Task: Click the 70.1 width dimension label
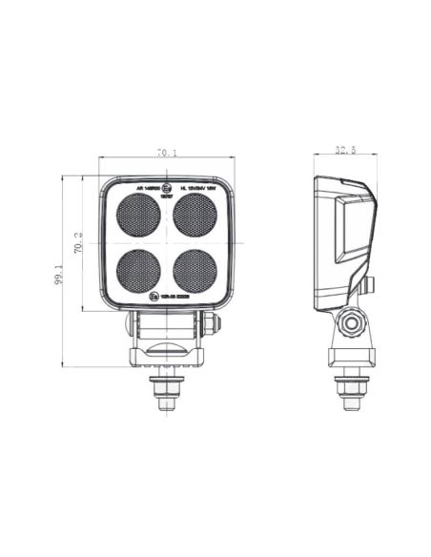[x=167, y=152]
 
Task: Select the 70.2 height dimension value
[x=77, y=244]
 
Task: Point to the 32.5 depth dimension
[x=345, y=150]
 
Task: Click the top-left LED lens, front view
[x=138, y=217]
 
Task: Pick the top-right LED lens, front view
[x=195, y=217]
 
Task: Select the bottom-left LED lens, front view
[x=138, y=271]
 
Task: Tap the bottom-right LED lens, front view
[x=195, y=271]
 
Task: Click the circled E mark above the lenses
[x=167, y=189]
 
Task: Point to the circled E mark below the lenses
[x=154, y=298]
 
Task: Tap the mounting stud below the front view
[x=167, y=391]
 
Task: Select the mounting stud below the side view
[x=352, y=391]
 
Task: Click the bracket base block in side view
[x=352, y=358]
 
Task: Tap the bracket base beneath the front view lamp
[x=167, y=357]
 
